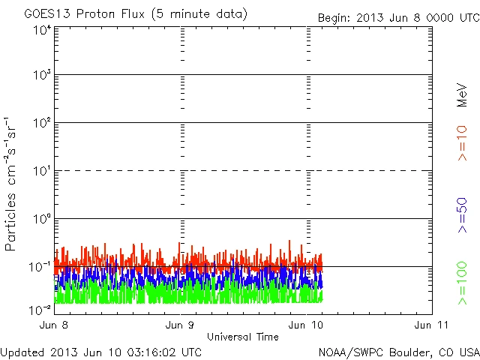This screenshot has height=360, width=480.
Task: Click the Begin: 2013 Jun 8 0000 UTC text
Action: click(x=397, y=17)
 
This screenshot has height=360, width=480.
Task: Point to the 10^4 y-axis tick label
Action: click(x=41, y=31)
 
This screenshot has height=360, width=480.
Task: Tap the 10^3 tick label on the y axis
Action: click(x=41, y=76)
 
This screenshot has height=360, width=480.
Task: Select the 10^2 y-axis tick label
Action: click(x=41, y=124)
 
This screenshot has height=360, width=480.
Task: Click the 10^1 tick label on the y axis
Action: click(x=41, y=172)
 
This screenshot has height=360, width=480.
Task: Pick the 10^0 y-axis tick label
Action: click(x=41, y=220)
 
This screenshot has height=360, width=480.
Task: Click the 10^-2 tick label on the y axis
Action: click(x=40, y=310)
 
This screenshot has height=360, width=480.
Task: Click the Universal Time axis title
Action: click(x=242, y=337)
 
